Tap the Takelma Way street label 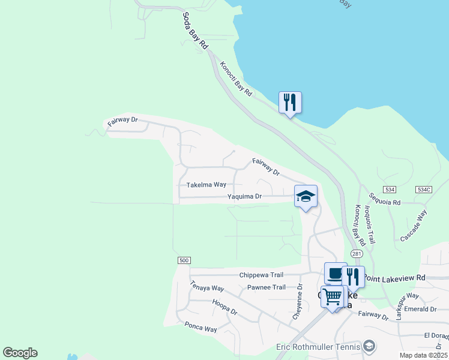click(206, 185)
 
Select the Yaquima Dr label click(244, 196)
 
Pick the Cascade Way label click(414, 226)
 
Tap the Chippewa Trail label click(261, 275)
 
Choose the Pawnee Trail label click(267, 287)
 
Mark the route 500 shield click(184, 260)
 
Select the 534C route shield click(424, 190)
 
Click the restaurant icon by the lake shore click(290, 103)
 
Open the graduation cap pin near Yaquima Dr click(306, 196)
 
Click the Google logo click(20, 353)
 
